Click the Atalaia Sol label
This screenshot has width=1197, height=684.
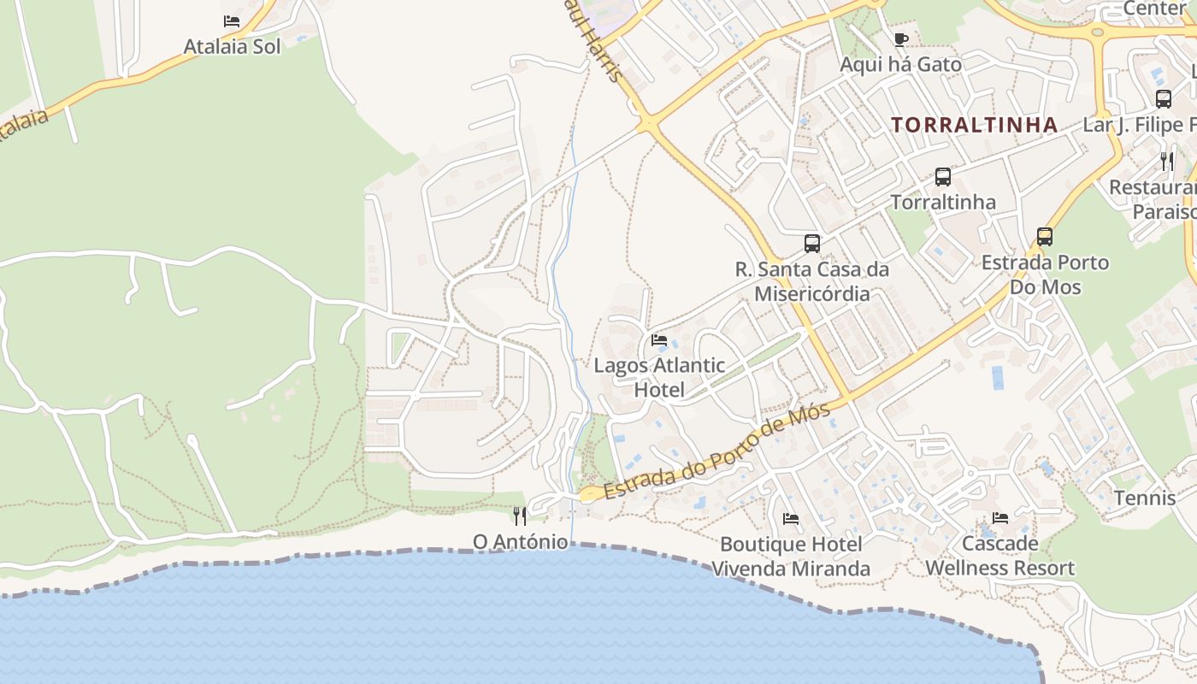click(x=232, y=46)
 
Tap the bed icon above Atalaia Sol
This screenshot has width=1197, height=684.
click(x=232, y=21)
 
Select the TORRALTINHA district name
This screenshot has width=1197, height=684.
click(x=975, y=125)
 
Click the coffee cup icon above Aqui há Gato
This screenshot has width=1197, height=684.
click(x=900, y=39)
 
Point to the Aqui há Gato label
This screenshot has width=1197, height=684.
click(x=900, y=64)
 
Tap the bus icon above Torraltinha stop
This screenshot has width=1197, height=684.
click(x=943, y=177)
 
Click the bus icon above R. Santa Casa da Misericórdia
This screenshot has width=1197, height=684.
click(x=812, y=243)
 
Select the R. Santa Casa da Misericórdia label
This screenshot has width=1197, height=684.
click(x=812, y=281)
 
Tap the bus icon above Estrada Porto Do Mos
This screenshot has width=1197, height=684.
click(x=1045, y=237)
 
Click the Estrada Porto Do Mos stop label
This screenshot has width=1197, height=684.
click(x=1045, y=274)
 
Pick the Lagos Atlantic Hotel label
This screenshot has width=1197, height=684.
click(x=659, y=378)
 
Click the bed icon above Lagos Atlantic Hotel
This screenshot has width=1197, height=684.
click(x=659, y=339)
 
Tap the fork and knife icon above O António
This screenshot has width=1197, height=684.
click(x=519, y=516)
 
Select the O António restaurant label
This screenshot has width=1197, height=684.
click(x=520, y=541)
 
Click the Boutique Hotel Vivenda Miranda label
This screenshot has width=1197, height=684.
click(x=791, y=556)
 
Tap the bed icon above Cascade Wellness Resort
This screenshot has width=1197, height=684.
click(x=1000, y=518)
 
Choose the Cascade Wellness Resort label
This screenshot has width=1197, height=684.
click(x=1000, y=555)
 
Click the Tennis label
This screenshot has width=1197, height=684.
click(x=1144, y=498)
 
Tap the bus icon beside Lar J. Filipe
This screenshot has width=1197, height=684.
click(x=1164, y=98)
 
